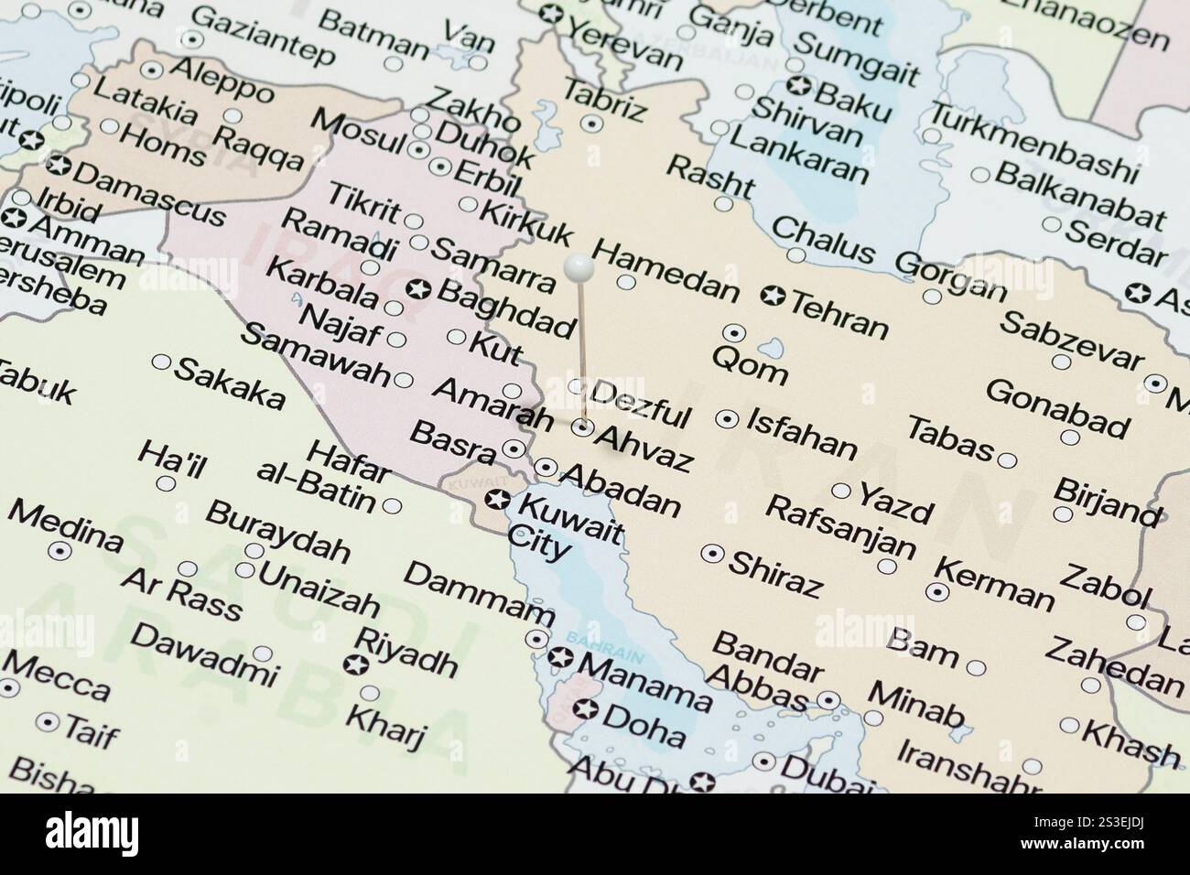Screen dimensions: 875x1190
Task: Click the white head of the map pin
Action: tap(579, 267)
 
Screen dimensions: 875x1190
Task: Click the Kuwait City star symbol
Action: tap(497, 500)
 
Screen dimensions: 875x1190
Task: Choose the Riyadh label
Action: tap(406, 652)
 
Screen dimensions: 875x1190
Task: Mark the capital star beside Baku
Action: tap(799, 87)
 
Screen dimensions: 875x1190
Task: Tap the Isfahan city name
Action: tap(802, 434)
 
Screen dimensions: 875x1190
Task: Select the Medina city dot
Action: tap(60, 551)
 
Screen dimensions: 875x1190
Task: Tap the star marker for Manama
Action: tap(560, 657)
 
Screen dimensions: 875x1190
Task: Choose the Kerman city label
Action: tap(998, 582)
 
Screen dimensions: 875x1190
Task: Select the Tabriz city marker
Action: tap(592, 123)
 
